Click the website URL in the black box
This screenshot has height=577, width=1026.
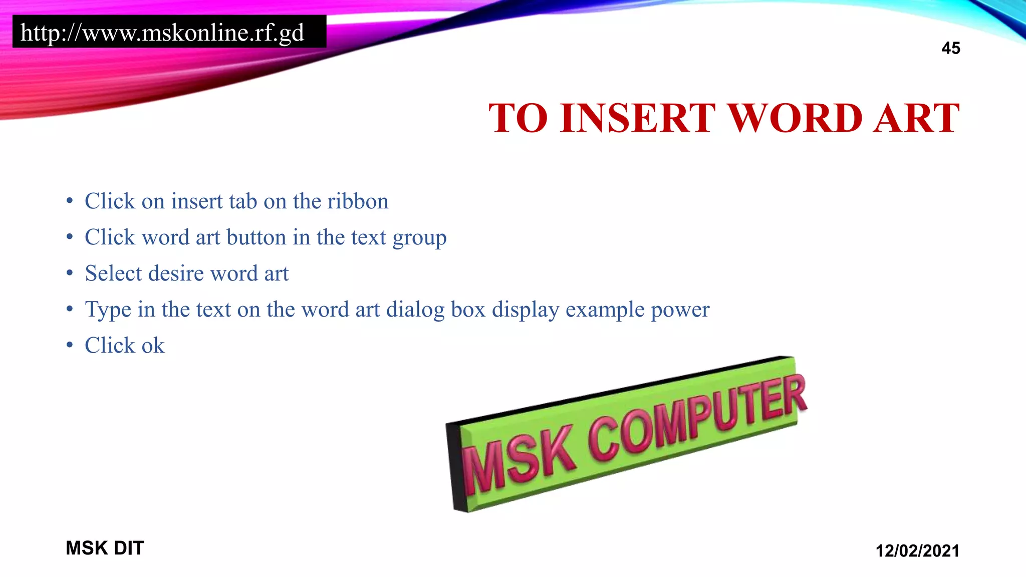pos(162,33)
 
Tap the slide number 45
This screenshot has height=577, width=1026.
pos(950,48)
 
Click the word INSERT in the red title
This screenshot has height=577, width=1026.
pos(638,118)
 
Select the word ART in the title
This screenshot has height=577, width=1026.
pos(916,118)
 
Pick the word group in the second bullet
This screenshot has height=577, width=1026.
pos(419,238)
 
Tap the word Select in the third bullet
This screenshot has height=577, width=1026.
pos(113,273)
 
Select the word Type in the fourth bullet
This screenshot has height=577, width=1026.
pos(108,310)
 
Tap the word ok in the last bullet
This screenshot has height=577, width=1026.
pos(153,346)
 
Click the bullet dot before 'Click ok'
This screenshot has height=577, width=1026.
pos(70,345)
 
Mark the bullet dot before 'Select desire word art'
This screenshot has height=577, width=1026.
pos(70,273)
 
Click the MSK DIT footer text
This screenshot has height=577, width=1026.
pos(105,548)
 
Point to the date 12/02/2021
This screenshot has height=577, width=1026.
pos(917,550)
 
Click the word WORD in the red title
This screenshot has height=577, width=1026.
pos(795,118)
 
